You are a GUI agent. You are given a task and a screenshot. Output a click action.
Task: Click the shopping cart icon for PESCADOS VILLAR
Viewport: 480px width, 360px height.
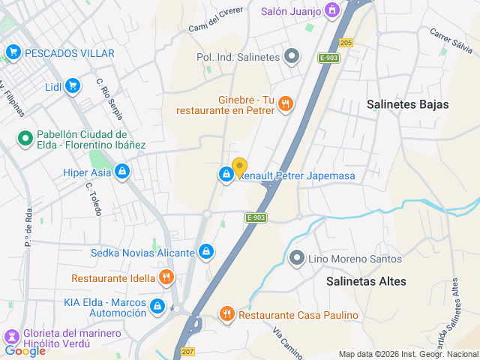click(x=13, y=52)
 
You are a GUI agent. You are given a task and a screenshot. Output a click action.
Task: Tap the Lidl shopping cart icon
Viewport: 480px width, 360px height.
click(x=73, y=86)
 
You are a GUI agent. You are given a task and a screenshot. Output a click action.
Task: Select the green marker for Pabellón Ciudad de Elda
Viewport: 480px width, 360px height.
click(x=25, y=138)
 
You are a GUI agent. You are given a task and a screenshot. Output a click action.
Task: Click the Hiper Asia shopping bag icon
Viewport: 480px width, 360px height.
click(x=122, y=172)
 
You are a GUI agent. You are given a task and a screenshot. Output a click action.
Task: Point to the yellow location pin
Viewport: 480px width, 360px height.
click(x=239, y=167)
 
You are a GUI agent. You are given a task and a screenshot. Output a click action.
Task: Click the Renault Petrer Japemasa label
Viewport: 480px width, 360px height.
click(x=297, y=175)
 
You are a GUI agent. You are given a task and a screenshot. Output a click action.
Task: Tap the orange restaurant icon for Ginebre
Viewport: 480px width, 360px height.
click(x=284, y=105)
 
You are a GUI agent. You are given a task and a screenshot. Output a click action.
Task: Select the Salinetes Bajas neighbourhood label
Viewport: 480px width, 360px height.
click(x=408, y=104)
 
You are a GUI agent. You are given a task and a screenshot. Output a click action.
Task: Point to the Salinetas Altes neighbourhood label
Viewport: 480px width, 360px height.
click(x=366, y=281)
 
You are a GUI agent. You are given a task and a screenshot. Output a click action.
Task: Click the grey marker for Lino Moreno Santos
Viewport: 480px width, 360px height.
click(x=298, y=259)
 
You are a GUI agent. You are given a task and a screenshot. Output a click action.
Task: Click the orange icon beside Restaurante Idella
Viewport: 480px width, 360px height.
click(x=167, y=278)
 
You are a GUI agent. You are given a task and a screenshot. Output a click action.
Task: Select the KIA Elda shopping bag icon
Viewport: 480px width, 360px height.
click(x=157, y=306)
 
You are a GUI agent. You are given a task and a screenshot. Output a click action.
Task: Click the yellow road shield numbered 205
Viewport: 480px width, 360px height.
click(x=346, y=43)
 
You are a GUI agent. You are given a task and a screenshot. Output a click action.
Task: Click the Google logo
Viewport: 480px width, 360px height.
click(x=25, y=350)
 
